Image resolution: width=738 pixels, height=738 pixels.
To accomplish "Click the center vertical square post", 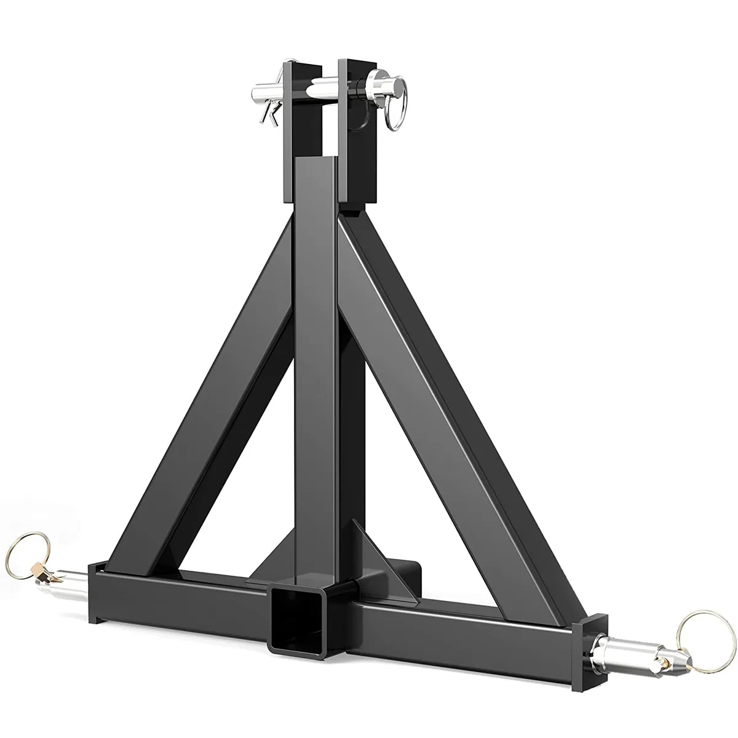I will point(315,369).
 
